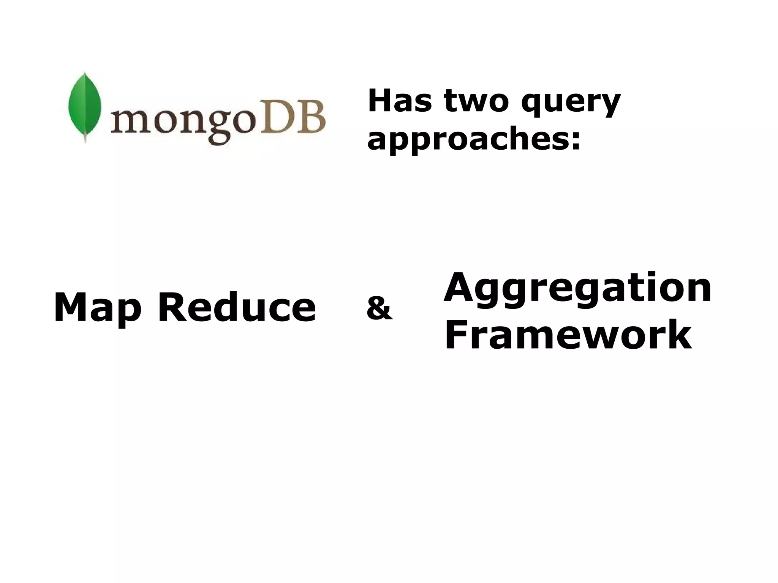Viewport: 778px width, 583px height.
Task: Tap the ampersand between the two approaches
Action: pos(379,308)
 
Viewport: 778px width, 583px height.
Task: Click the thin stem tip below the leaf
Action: pos(85,140)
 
